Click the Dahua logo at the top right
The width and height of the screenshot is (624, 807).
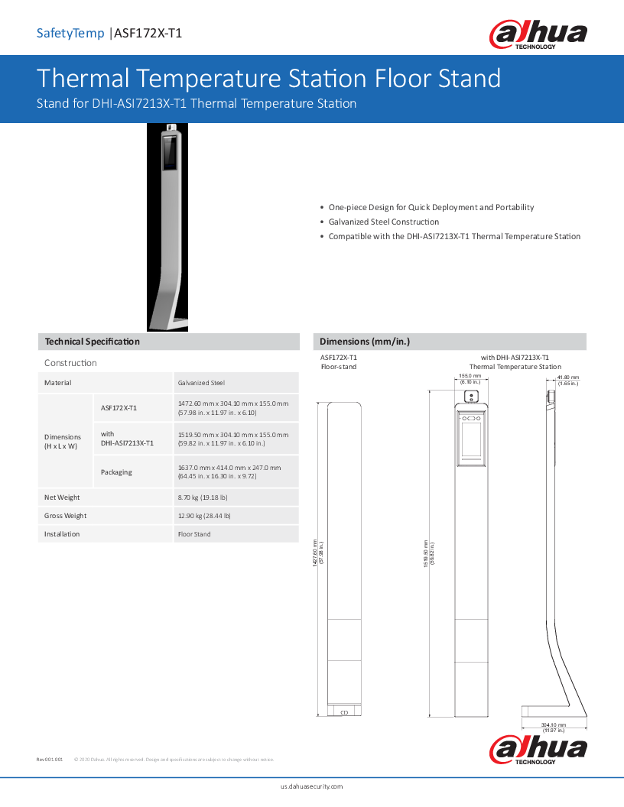538,34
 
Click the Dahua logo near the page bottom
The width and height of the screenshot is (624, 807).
538,750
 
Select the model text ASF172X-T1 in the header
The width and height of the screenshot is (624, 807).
148,33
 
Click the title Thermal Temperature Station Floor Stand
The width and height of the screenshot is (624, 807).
268,79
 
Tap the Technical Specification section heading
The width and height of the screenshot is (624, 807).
93,342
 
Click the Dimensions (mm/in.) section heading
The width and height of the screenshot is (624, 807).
365,342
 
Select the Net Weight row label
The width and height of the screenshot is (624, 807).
62,497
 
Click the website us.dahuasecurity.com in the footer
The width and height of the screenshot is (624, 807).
312,786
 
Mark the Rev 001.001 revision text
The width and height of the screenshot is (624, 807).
50,760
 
